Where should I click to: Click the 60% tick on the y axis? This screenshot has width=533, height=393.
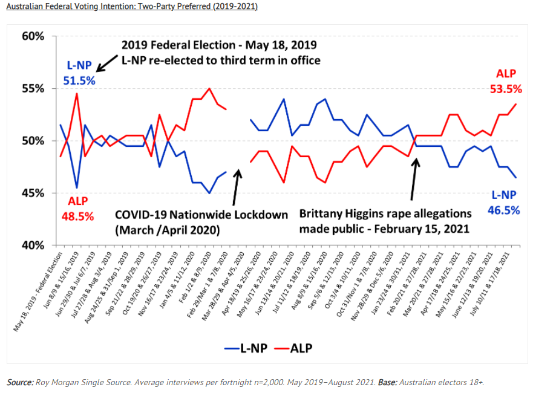point(34,36)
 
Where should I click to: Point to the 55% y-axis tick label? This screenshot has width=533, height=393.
point(34,88)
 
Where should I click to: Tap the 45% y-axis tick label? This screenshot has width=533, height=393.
point(34,193)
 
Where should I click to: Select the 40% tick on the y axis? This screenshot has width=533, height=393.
point(34,245)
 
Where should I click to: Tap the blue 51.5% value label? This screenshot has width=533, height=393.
point(79,80)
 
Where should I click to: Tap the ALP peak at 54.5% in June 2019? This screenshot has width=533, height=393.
point(76,94)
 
